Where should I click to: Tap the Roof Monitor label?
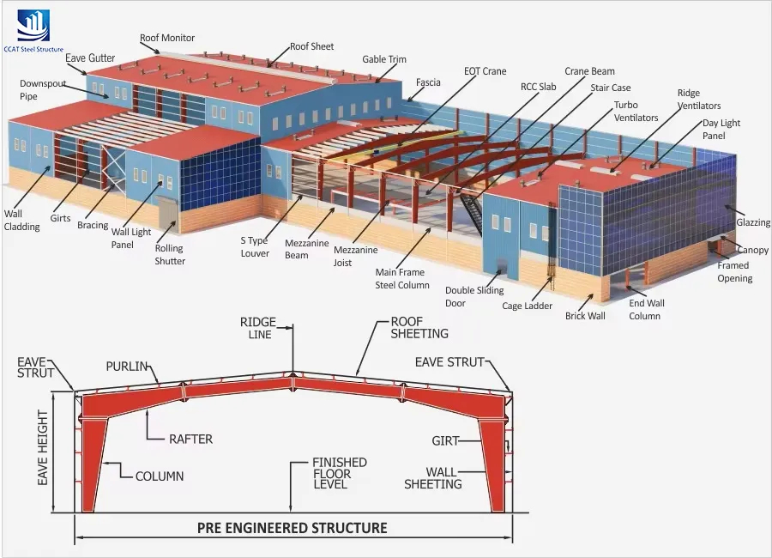click(167, 38)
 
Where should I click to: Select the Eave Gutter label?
click(90, 58)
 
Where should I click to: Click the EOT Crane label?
click(485, 71)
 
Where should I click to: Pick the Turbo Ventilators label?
click(636, 112)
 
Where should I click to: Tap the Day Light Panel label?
click(721, 129)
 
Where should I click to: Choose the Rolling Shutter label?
click(170, 255)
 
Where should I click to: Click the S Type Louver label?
click(255, 247)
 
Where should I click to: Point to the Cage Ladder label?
click(527, 306)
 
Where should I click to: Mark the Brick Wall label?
click(585, 316)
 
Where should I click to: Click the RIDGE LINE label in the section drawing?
click(257, 328)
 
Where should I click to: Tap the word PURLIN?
click(127, 367)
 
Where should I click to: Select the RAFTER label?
click(190, 439)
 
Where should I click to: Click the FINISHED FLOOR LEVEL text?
click(339, 473)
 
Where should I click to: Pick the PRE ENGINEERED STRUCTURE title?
click(292, 528)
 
